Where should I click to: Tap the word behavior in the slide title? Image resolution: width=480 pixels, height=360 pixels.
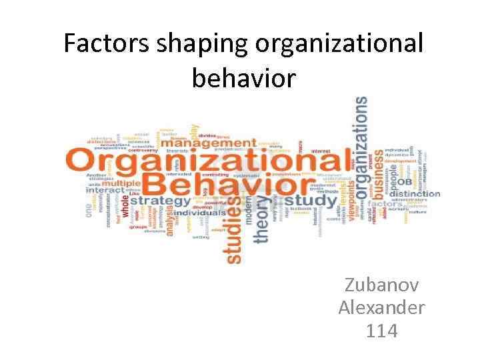[243, 78]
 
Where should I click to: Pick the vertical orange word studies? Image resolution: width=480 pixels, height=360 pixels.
[234, 230]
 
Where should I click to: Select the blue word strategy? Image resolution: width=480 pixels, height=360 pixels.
[160, 200]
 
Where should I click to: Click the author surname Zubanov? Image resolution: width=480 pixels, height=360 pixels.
[381, 286]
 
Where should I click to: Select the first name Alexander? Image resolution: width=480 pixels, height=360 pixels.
[381, 308]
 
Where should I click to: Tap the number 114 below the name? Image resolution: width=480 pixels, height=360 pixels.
[381, 330]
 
